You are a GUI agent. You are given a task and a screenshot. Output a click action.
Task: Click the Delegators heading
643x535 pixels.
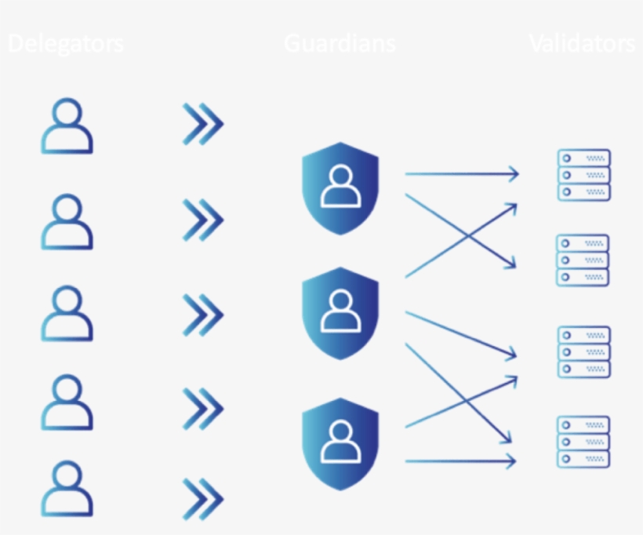click(66, 44)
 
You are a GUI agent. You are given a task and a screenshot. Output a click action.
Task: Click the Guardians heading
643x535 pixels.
click(340, 44)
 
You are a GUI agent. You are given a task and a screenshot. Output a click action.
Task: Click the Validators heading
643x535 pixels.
click(582, 44)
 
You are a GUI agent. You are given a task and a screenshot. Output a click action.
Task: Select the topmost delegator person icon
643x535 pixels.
click(67, 126)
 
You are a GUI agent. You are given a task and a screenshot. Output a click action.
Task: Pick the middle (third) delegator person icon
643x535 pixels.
click(67, 313)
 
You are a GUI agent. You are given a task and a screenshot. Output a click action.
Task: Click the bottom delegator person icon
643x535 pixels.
click(67, 490)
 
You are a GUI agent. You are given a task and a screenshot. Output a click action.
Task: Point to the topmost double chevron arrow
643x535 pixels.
click(203, 124)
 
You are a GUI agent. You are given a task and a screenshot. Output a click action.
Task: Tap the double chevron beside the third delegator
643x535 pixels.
click(203, 315)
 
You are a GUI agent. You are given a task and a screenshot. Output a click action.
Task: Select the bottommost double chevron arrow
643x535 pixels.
click(203, 498)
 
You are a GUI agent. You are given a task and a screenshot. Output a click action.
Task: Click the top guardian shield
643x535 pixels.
click(340, 187)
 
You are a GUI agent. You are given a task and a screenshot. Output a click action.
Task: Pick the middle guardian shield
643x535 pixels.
click(340, 313)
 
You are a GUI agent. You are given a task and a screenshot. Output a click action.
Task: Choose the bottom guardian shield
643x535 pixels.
click(340, 442)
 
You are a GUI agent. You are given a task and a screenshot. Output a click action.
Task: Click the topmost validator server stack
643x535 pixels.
click(583, 175)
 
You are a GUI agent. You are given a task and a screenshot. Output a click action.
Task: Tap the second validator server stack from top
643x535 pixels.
click(583, 260)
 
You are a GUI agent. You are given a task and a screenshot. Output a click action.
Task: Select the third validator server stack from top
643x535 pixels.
click(583, 351)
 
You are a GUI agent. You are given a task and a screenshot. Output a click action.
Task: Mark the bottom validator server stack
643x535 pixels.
click(583, 442)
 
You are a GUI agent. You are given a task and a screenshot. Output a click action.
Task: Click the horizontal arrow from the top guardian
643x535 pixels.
click(461, 174)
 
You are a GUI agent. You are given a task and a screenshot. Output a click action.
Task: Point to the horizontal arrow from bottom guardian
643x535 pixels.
click(461, 460)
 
